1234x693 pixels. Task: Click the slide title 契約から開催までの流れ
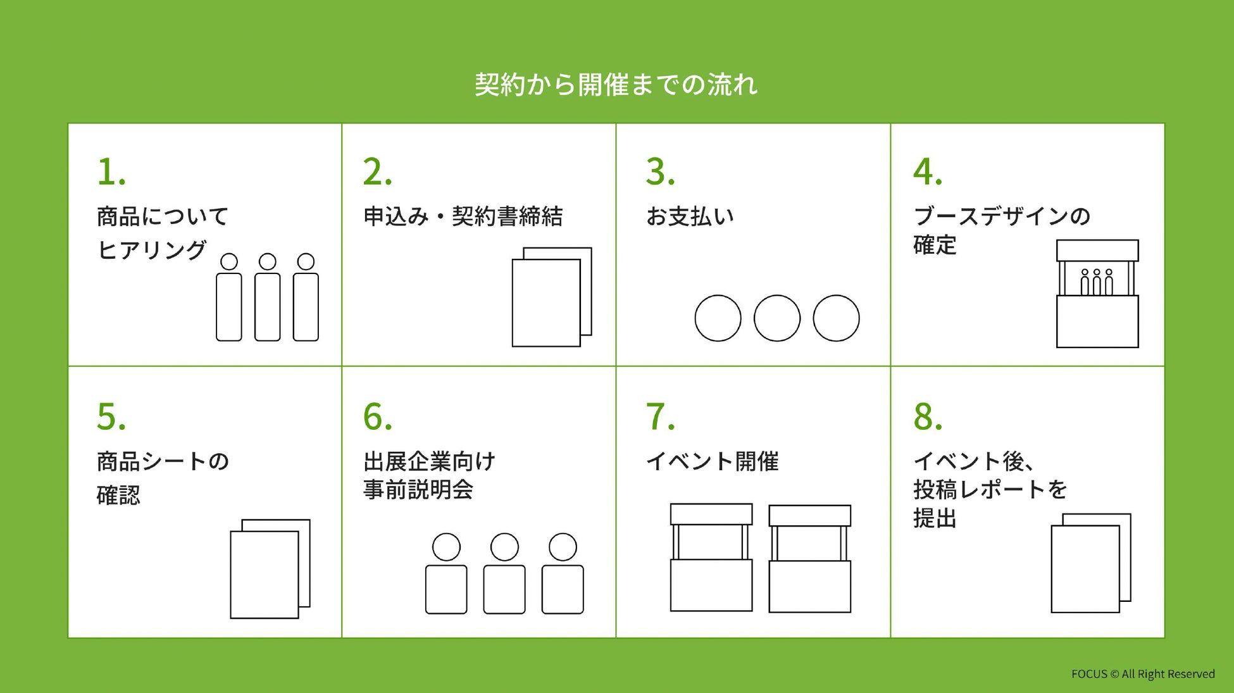click(x=616, y=85)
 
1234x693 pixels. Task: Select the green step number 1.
click(x=111, y=172)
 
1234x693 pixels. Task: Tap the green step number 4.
click(x=927, y=172)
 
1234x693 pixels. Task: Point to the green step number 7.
click(x=660, y=417)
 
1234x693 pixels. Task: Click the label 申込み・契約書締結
click(x=463, y=216)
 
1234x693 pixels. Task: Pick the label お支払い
click(x=690, y=216)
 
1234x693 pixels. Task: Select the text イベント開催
click(x=712, y=461)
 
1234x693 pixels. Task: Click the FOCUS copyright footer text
click(x=1142, y=674)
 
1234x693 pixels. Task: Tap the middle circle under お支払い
click(x=776, y=318)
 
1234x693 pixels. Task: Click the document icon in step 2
click(x=551, y=297)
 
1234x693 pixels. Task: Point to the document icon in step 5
click(x=270, y=569)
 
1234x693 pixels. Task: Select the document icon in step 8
click(x=1090, y=563)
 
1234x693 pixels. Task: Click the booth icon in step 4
click(x=1097, y=294)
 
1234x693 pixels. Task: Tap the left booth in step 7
click(x=711, y=558)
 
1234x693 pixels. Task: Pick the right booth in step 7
click(x=809, y=559)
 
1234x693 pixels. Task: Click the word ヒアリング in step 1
click(x=152, y=250)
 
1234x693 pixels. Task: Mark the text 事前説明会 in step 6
click(x=418, y=490)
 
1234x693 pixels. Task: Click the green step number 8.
click(x=927, y=417)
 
